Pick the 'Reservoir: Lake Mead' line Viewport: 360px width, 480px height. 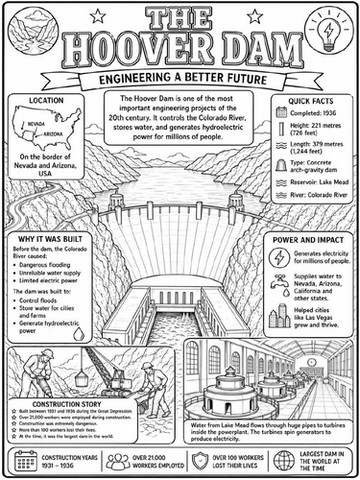pos(313,204)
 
